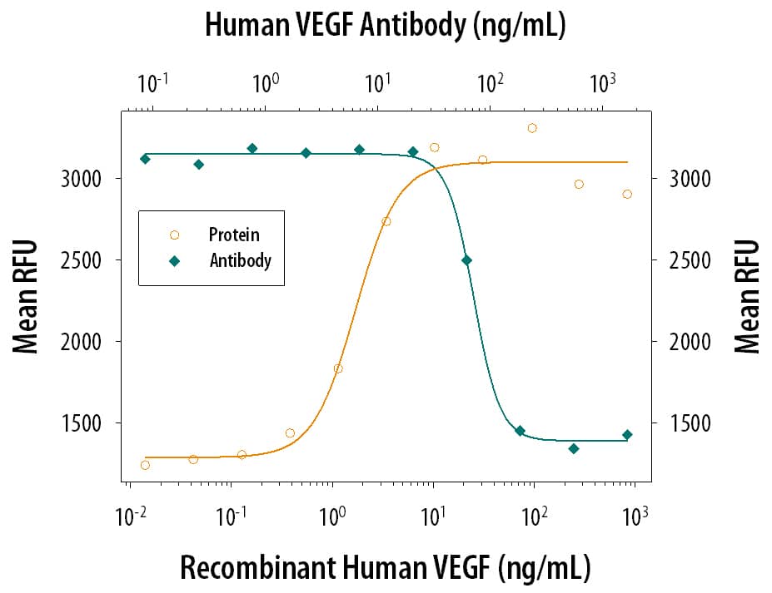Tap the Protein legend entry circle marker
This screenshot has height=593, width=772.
coord(174,235)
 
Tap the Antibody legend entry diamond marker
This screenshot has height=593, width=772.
coord(174,260)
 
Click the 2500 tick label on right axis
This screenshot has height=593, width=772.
coord(689,260)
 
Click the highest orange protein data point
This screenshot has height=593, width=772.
coord(532,128)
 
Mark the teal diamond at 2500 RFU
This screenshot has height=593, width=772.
coord(466,260)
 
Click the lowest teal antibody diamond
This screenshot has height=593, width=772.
coord(573,448)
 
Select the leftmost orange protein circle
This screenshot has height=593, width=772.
coord(146,465)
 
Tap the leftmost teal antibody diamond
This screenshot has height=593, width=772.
coord(145,159)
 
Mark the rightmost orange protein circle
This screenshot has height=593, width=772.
coord(627,194)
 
